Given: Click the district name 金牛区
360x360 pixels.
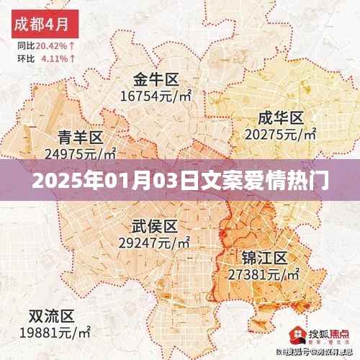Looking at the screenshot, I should click(x=156, y=79).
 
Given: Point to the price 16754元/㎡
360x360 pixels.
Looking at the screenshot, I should click(x=156, y=95).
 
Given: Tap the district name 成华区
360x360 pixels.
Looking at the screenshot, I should click(x=282, y=117).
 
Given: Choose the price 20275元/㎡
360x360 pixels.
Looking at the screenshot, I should click(x=282, y=133).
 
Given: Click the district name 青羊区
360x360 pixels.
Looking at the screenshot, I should click(x=80, y=137).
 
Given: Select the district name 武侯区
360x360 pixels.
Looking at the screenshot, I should click(x=154, y=227).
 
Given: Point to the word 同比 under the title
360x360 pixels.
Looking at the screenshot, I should click(x=24, y=45).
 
